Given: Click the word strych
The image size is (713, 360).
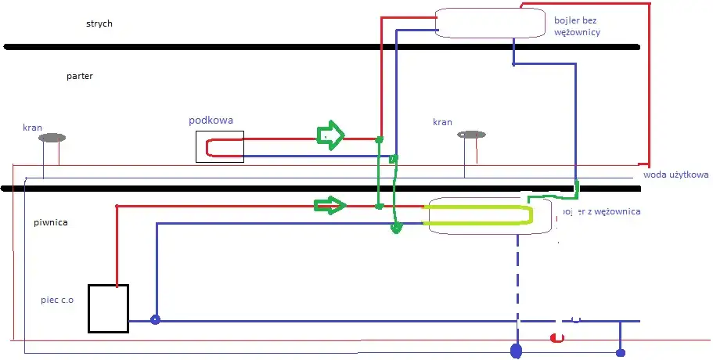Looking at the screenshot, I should (x=99, y=23).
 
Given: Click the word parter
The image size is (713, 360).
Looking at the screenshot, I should (x=81, y=76).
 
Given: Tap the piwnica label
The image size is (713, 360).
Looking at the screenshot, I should (x=51, y=222).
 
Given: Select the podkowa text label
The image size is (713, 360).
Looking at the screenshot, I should (x=211, y=121).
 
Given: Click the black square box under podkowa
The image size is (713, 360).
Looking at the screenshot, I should (x=220, y=147).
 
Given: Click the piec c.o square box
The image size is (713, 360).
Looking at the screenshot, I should (x=108, y=308).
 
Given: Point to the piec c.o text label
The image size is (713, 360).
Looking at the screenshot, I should (x=57, y=300).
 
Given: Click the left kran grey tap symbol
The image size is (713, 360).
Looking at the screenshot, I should (x=52, y=138).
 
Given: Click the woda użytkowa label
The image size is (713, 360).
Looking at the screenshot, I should (x=675, y=175).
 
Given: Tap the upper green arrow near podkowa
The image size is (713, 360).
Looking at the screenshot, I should (x=329, y=135).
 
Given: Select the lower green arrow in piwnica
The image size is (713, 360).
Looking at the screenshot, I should (x=329, y=206).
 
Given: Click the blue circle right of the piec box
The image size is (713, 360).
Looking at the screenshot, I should (x=155, y=319).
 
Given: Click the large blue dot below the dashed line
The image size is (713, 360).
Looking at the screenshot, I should (x=516, y=351).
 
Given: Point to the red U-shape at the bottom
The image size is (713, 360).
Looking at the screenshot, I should (x=557, y=337).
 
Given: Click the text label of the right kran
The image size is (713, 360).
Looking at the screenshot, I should (x=442, y=122).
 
